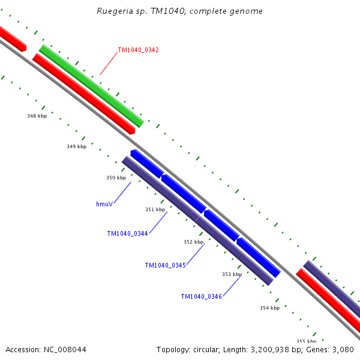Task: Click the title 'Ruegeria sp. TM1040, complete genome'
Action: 179,11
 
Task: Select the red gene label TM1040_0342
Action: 138,50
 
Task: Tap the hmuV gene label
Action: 104,205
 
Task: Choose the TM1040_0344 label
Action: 127,234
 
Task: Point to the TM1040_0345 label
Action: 165,265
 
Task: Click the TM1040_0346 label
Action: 201,296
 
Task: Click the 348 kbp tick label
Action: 37,116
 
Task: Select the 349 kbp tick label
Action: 76,146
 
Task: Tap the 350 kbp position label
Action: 116,178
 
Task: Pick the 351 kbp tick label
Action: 155,209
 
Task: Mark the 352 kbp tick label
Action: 193,242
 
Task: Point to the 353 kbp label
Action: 232,274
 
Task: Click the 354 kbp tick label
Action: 269,308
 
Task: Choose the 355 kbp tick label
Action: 306,341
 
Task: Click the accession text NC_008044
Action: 62,349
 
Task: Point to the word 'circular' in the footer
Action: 205,349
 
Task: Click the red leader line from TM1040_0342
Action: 109,62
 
